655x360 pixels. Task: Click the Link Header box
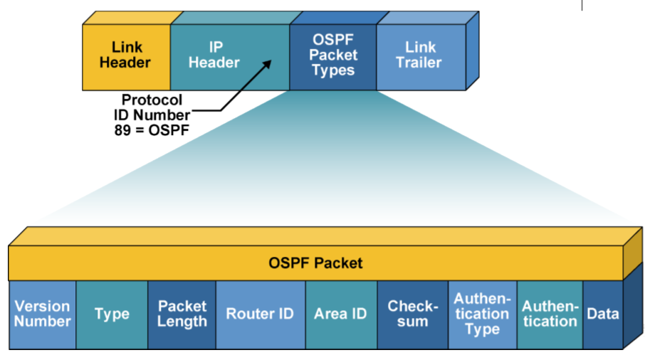click(x=126, y=55)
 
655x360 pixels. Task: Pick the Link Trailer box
click(x=420, y=55)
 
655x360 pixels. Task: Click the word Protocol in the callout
click(x=152, y=100)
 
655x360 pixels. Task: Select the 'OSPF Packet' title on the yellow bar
click(x=315, y=263)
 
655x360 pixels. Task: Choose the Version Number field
click(x=42, y=314)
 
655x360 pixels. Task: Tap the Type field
click(x=112, y=314)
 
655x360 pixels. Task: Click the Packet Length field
click(x=182, y=314)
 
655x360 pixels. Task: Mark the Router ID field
click(x=260, y=314)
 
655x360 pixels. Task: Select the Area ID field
click(x=340, y=314)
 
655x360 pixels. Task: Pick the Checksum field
click(x=412, y=314)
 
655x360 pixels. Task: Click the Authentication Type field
click(x=482, y=314)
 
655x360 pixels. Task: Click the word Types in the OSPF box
click(x=333, y=71)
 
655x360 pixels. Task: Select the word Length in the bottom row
click(x=182, y=322)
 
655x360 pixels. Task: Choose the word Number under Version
click(x=43, y=322)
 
